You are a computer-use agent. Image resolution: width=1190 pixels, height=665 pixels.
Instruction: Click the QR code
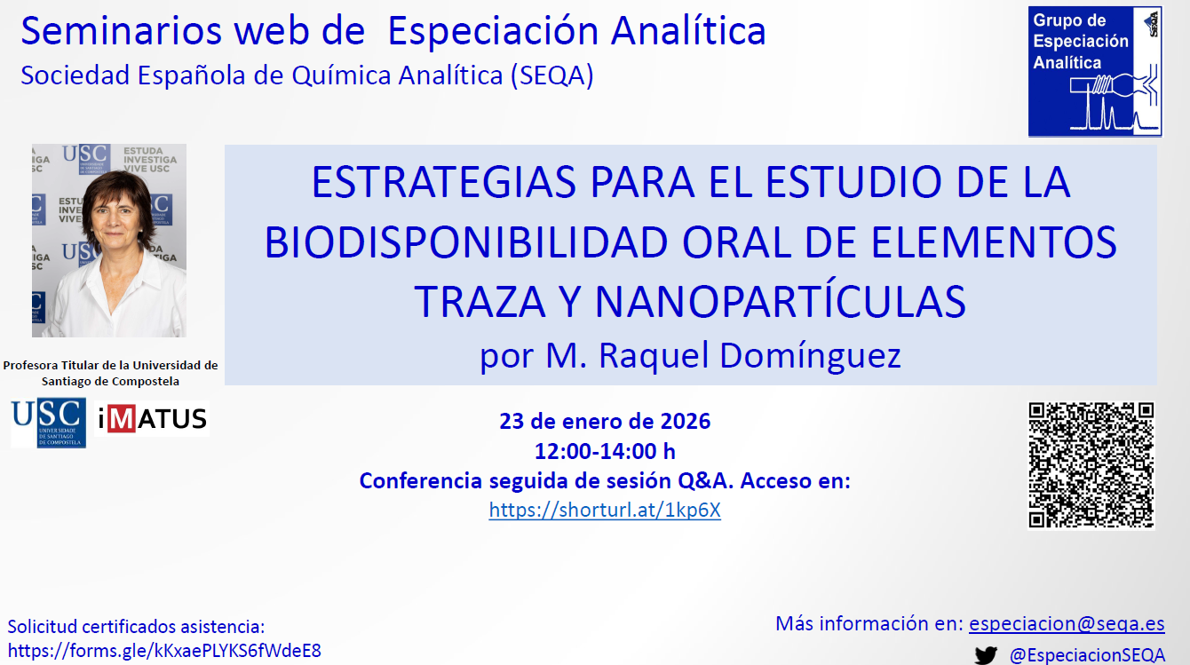tap(1091, 465)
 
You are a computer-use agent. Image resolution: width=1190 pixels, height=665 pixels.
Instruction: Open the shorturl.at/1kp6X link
tap(605, 510)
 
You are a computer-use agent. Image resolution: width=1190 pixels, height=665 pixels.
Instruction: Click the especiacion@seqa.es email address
tap(1067, 623)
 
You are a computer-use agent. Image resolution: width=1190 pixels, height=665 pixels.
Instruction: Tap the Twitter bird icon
tap(986, 655)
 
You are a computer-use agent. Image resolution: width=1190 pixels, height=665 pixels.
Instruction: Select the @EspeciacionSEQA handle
tap(1087, 655)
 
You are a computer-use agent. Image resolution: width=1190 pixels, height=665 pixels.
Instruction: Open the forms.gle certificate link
tap(164, 651)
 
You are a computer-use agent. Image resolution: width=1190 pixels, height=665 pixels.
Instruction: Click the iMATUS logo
tap(152, 418)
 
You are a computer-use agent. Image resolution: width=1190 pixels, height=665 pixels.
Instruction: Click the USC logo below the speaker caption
tap(48, 423)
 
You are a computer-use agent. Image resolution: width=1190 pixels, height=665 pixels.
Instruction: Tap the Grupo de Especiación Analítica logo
tap(1095, 71)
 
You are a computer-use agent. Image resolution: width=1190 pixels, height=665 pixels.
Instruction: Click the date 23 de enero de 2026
tap(605, 421)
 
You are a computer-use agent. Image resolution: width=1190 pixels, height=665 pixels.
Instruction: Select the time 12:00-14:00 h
tap(605, 452)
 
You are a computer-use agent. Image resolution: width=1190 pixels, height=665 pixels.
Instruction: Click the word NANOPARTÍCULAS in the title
tap(780, 302)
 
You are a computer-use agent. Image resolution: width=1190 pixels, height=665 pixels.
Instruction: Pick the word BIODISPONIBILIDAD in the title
tap(466, 242)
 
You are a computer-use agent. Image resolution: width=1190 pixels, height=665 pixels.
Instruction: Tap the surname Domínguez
tap(810, 355)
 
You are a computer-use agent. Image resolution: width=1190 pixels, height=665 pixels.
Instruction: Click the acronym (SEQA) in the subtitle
tap(552, 75)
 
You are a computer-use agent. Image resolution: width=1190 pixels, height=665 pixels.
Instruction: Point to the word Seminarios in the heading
tap(121, 31)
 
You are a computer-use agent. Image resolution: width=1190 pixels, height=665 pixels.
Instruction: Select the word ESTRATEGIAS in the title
tap(444, 182)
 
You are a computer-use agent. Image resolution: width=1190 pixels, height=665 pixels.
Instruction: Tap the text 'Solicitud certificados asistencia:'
tap(136, 627)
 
